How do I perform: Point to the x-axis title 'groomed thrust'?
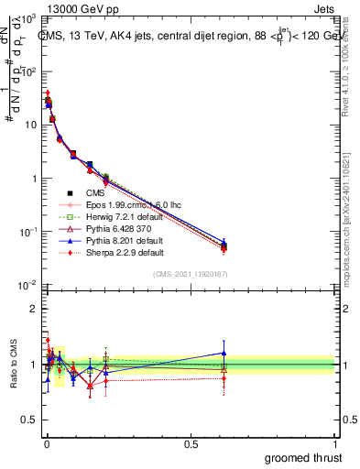click(304, 457)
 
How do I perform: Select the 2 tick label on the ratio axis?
click(34, 309)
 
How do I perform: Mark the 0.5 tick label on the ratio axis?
click(30, 420)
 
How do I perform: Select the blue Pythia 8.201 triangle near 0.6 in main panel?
click(224, 244)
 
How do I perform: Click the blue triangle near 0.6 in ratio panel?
click(224, 353)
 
